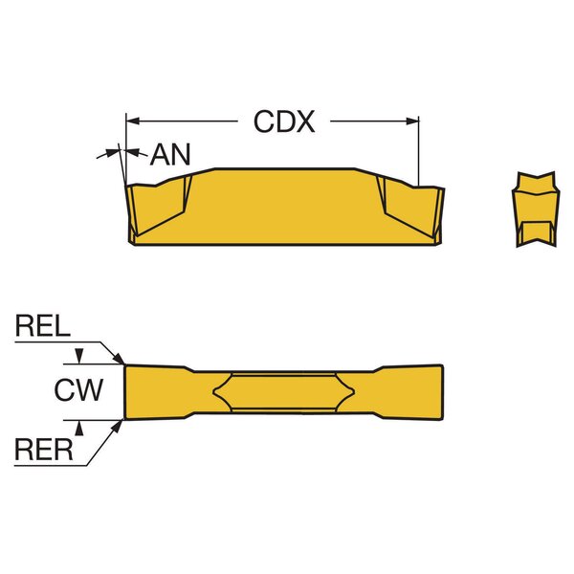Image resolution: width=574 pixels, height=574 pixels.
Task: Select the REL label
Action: (x=42, y=327)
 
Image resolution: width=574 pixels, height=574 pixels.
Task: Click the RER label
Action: (x=43, y=450)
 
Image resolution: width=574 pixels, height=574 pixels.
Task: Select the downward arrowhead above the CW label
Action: (x=79, y=358)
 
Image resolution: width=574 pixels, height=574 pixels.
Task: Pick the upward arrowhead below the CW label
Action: (x=79, y=425)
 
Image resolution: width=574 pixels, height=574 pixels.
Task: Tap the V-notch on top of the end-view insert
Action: (x=535, y=181)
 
